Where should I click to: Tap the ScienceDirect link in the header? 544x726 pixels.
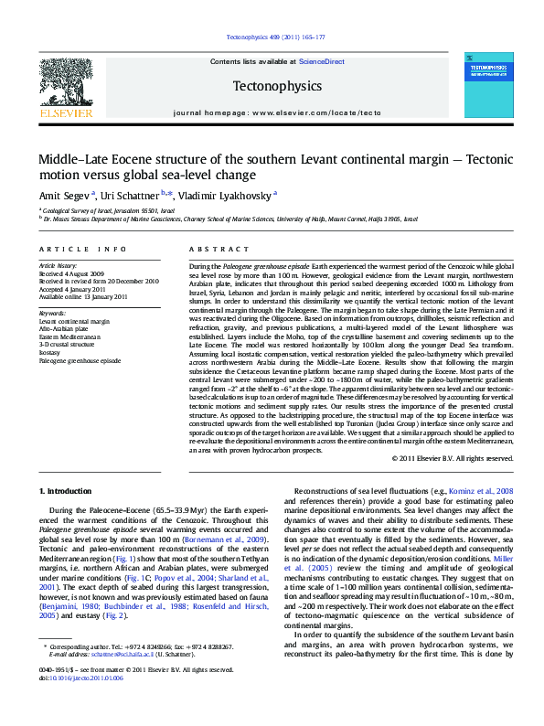click(x=322, y=61)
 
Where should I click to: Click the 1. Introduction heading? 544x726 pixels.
click(x=68, y=491)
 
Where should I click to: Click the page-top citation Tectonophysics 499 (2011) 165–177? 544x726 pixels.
click(x=272, y=38)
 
